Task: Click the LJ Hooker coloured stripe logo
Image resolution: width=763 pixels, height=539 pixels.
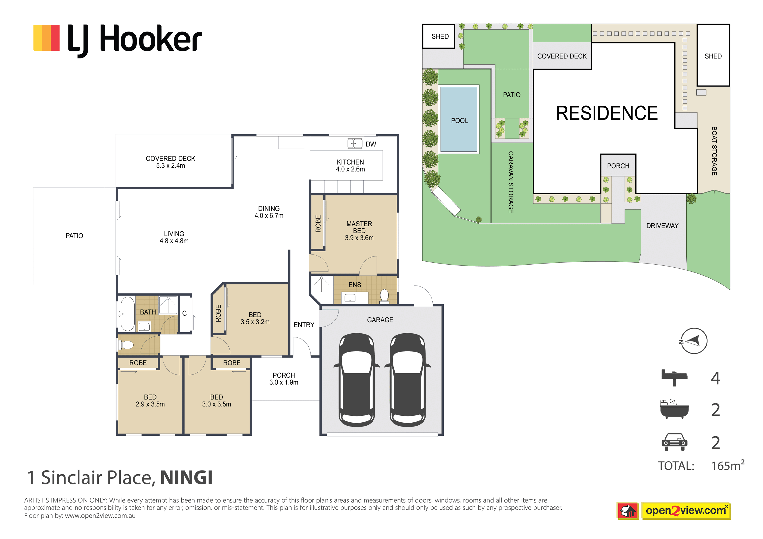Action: click(46, 38)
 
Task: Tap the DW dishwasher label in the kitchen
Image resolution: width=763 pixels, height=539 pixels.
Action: click(371, 144)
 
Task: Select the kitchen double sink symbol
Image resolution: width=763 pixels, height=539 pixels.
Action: click(355, 143)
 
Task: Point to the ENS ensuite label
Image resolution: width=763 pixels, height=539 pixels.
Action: click(355, 285)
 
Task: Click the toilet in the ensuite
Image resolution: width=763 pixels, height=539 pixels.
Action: click(384, 296)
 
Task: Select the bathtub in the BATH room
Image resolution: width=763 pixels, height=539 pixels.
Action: click(127, 314)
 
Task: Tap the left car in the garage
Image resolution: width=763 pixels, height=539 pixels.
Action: click(356, 380)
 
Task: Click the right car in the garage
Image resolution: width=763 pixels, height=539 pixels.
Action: click(408, 380)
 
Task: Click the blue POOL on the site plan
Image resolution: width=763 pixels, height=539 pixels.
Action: click(459, 119)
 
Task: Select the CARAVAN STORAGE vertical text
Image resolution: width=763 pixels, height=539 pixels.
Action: click(511, 182)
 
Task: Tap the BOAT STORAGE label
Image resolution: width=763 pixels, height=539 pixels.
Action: click(714, 151)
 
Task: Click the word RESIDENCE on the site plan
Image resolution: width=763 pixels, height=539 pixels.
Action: click(607, 113)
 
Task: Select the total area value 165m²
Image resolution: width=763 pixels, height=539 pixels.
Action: click(727, 466)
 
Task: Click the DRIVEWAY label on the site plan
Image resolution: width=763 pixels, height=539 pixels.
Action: click(662, 226)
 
